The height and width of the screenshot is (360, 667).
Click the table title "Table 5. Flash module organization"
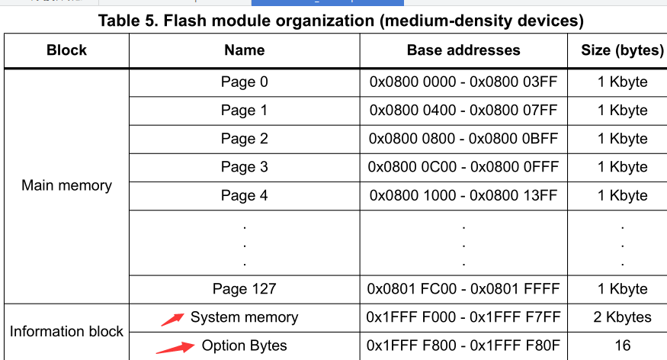pyautogui.click(x=340, y=21)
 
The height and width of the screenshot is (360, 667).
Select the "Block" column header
pyautogui.click(x=66, y=51)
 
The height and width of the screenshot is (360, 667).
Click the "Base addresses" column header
pyautogui.click(x=463, y=51)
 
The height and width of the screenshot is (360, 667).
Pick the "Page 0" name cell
pyautogui.click(x=244, y=82)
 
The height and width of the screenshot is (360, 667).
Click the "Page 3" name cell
pyautogui.click(x=244, y=167)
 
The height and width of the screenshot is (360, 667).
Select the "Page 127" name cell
pyautogui.click(x=244, y=289)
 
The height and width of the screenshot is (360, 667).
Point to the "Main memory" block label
pyautogui.click(x=66, y=185)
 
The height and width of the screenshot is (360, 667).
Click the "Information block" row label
pyautogui.click(x=66, y=332)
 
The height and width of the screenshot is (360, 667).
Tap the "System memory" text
pyautogui.click(x=244, y=317)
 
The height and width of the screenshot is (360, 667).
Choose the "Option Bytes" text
pyautogui.click(x=244, y=346)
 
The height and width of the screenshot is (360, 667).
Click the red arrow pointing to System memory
pyautogui.click(x=172, y=320)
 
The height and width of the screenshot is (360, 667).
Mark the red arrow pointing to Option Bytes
pyautogui.click(x=175, y=348)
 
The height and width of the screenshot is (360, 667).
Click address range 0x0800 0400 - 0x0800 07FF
pyautogui.click(x=463, y=111)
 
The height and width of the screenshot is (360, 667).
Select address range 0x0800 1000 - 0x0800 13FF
pyautogui.click(x=463, y=195)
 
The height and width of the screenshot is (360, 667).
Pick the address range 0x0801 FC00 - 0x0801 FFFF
pyautogui.click(x=463, y=289)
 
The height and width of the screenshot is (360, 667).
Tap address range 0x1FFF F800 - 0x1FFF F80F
pyautogui.click(x=463, y=346)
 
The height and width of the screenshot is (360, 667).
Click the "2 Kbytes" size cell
pyautogui.click(x=622, y=317)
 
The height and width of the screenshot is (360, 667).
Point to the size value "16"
pyautogui.click(x=622, y=346)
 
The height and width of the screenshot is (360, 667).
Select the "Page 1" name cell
pyautogui.click(x=244, y=111)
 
